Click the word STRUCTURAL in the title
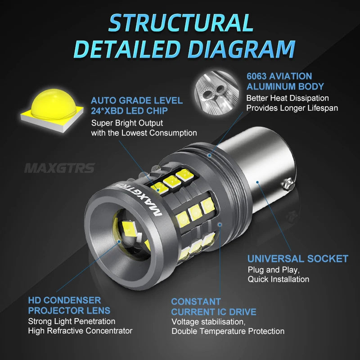(x=180, y=22)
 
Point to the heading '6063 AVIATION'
(x=279, y=76)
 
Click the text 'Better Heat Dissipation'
(x=287, y=98)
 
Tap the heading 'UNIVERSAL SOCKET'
(x=297, y=258)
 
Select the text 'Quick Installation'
(x=278, y=279)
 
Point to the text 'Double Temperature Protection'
(x=228, y=331)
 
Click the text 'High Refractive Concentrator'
(x=80, y=331)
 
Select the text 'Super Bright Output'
(x=127, y=123)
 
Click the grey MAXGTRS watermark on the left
(x=59, y=168)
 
